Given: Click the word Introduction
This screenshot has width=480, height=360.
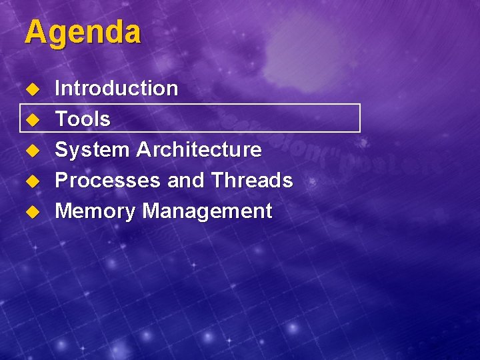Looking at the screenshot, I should click(x=116, y=88).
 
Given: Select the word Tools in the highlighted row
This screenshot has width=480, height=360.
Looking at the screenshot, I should click(x=82, y=119).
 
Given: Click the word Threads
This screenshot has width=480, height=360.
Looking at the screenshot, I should click(x=252, y=181).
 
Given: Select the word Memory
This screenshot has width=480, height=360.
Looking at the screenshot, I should click(x=95, y=211).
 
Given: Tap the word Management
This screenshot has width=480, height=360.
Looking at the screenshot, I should click(x=207, y=211).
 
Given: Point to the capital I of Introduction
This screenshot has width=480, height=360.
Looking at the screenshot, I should click(x=57, y=88).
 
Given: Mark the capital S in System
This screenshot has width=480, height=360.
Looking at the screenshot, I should click(x=61, y=150).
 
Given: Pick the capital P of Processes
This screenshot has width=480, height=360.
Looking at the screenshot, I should click(x=61, y=181).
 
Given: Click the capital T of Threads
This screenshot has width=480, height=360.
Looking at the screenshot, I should click(x=217, y=181).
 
